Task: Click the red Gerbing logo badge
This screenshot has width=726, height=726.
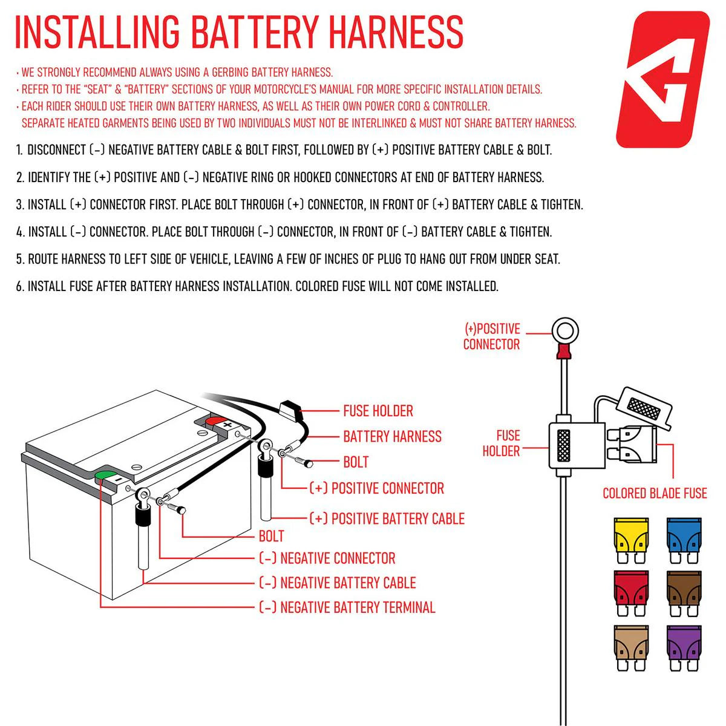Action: click(662, 79)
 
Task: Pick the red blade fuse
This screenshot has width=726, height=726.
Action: click(632, 587)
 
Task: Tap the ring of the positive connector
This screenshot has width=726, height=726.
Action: click(565, 332)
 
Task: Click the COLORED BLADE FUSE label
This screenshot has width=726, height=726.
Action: click(655, 493)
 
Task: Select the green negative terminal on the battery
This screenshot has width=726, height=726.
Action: click(106, 475)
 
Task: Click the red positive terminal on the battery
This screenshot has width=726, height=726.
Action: click(215, 420)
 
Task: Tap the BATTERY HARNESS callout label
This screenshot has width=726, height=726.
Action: click(392, 436)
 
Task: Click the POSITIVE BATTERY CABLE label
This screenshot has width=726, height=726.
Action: click(387, 518)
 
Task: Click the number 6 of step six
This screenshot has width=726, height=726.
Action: click(19, 286)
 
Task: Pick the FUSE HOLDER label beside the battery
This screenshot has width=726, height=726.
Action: click(378, 411)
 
